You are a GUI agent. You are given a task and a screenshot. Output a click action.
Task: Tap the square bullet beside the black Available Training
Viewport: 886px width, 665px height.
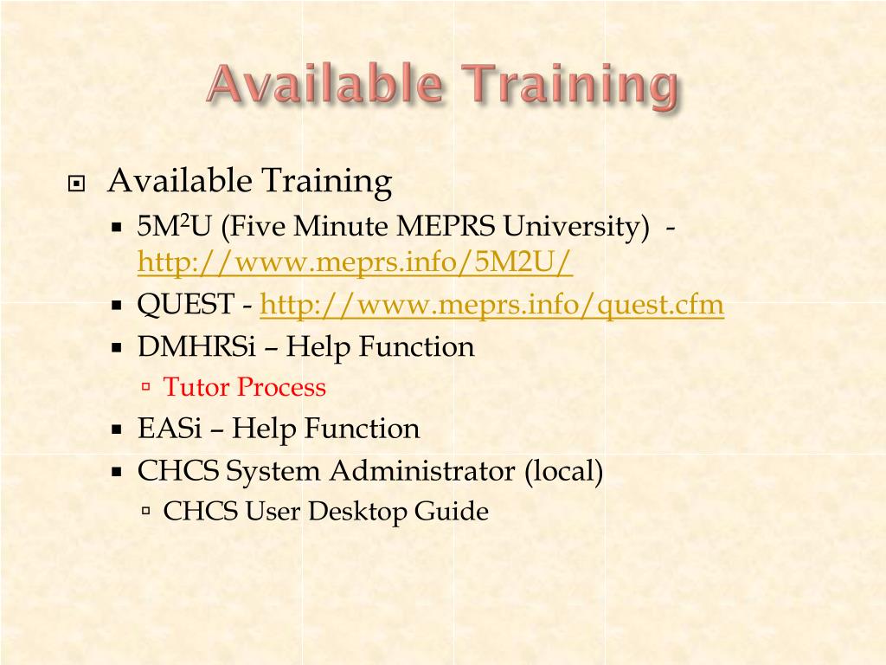pyautogui.click(x=76, y=184)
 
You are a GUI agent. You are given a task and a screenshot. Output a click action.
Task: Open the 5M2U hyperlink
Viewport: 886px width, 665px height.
pyautogui.click(x=355, y=261)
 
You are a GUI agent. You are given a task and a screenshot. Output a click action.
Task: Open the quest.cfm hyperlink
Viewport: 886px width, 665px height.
pyautogui.click(x=491, y=304)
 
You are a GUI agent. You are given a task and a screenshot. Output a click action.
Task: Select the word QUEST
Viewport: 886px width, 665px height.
pyautogui.click(x=186, y=304)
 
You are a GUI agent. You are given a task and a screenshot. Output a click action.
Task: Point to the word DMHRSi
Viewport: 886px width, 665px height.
pyautogui.click(x=196, y=346)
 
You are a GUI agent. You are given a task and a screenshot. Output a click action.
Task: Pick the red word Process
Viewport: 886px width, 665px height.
pyautogui.click(x=281, y=387)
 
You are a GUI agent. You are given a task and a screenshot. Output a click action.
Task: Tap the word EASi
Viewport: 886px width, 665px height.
pyautogui.click(x=170, y=428)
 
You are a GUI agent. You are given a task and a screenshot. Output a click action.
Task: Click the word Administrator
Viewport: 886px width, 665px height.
pyautogui.click(x=422, y=470)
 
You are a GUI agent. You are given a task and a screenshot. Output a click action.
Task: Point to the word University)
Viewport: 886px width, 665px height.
pyautogui.click(x=576, y=226)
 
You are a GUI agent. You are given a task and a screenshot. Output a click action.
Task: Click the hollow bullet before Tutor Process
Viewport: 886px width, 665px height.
pyautogui.click(x=146, y=387)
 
